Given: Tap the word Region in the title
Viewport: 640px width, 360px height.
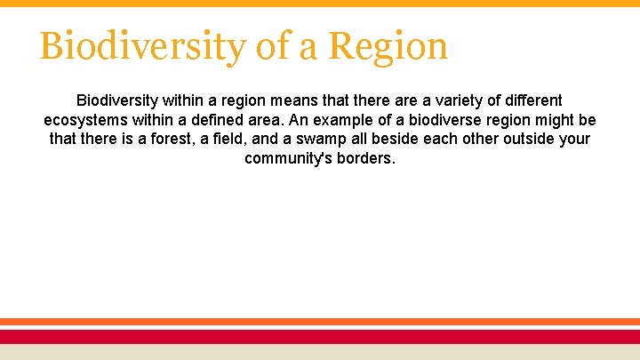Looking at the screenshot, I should pyautogui.click(x=388, y=46).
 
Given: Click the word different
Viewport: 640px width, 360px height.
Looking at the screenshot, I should pyautogui.click(x=528, y=100).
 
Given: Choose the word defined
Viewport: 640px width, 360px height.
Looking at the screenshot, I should pyautogui.click(x=226, y=120).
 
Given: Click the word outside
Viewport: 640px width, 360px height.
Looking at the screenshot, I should pyautogui.click(x=525, y=140).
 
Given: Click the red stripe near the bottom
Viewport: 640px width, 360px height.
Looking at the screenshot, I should pyautogui.click(x=320, y=336).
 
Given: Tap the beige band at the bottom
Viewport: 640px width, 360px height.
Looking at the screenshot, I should pyautogui.click(x=320, y=352).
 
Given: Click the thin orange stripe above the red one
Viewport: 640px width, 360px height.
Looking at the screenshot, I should pyautogui.click(x=320, y=322).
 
